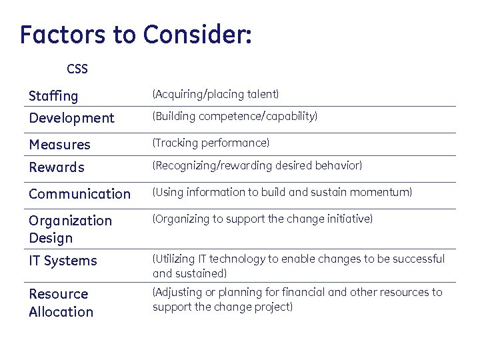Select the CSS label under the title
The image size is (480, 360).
(77, 69)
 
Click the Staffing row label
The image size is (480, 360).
(53, 97)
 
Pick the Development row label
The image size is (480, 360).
(71, 118)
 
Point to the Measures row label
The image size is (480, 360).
(59, 145)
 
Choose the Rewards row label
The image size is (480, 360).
(57, 167)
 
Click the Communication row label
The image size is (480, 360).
(79, 194)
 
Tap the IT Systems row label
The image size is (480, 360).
(63, 261)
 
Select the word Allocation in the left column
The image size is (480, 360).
(61, 311)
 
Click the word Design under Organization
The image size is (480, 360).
(51, 238)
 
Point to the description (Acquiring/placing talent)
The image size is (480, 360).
(215, 95)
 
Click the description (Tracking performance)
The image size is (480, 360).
(211, 143)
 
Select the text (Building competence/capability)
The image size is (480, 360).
(235, 117)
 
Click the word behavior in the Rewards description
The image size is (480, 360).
(339, 165)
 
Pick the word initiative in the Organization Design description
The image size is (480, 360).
(351, 219)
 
